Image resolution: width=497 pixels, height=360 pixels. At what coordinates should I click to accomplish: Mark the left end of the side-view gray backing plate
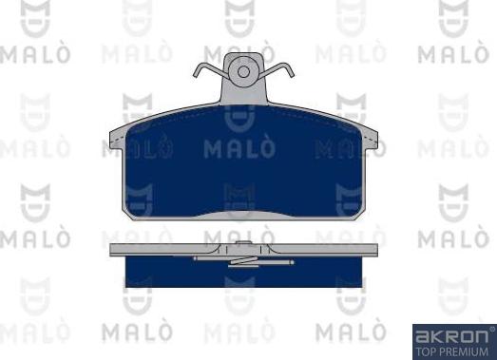(114, 251)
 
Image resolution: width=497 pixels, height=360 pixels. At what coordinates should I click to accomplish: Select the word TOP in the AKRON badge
(425, 350)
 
